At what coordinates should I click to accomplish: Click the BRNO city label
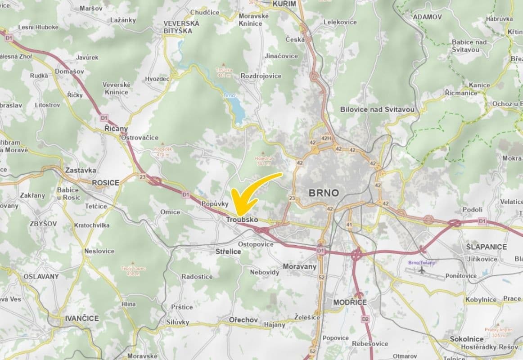point(324,193)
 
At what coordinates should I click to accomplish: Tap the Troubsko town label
point(242,220)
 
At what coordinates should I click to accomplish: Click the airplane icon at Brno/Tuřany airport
point(422,270)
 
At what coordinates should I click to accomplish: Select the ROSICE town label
point(105,183)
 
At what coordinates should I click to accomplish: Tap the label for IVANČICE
point(81,318)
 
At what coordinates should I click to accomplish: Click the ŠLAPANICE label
point(487,247)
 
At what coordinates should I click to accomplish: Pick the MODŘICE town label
point(350,302)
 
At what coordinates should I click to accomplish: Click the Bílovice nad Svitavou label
point(377,109)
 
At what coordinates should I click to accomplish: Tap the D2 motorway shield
point(365,319)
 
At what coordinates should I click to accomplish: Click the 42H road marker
point(326,138)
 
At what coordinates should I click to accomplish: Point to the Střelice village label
point(228,252)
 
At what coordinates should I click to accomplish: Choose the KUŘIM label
point(284,4)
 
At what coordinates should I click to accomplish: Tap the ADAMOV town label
point(427,17)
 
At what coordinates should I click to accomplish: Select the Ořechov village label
point(243,320)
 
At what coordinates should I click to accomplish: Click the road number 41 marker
point(349,224)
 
